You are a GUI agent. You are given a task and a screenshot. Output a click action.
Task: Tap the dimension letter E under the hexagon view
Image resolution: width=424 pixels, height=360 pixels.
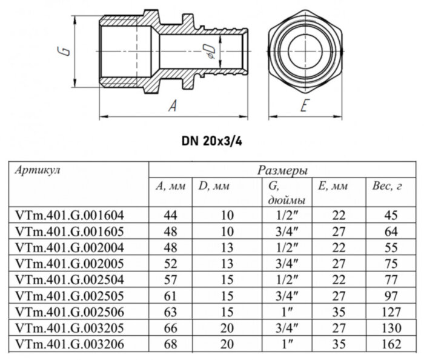304,107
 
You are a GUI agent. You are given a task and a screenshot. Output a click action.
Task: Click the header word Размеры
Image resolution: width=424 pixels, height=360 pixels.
282,170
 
